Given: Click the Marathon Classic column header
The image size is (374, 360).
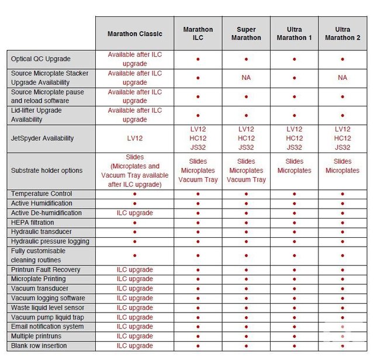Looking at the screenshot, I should (135, 33).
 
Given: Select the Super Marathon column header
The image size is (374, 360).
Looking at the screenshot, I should (246, 33).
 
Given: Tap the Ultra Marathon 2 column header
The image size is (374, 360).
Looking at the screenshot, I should (342, 33).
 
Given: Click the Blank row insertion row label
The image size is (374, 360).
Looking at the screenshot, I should (39, 346).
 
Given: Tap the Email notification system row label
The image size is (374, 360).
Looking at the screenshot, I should (47, 327).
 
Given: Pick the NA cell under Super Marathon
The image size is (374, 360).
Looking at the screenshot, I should (246, 78).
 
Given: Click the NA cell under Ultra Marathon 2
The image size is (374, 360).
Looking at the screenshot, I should (342, 78).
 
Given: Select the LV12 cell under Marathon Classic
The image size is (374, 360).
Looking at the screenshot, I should (135, 139).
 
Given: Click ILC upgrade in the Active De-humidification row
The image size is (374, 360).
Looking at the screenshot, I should (135, 213).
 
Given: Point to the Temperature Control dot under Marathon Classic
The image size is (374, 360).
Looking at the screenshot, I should (135, 193).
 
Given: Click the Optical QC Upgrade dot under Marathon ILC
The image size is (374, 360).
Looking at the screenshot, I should (198, 59).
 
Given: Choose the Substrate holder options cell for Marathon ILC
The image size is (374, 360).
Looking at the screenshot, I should (198, 171).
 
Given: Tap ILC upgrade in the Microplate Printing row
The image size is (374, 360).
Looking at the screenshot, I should (135, 279).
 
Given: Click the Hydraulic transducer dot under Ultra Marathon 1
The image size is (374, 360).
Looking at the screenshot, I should (295, 232).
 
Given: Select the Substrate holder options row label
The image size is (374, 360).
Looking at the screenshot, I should (46, 171).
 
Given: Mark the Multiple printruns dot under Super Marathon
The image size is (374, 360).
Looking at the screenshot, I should (246, 337).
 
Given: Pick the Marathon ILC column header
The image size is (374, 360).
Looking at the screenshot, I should (198, 33).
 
